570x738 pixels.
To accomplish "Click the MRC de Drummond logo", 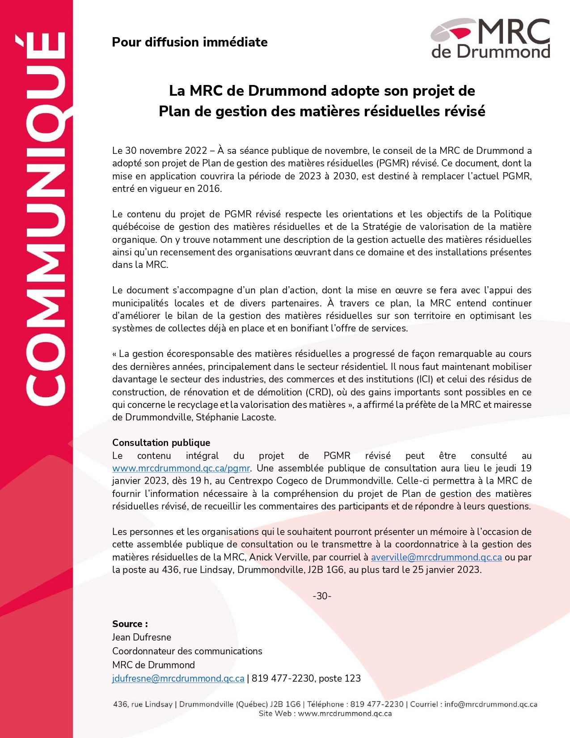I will click(490, 38).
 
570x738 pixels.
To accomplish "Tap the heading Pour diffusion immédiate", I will click(190, 42).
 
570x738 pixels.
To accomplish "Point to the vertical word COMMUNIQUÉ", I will click(45, 219).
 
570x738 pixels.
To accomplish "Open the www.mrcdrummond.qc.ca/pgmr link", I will click(181, 468).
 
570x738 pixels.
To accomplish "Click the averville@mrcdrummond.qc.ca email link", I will click(436, 557).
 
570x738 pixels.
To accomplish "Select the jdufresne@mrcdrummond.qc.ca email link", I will click(178, 679).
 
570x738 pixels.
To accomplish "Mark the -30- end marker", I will click(322, 596).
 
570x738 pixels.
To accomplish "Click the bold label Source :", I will click(130, 624).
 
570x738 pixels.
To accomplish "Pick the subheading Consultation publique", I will click(161, 443).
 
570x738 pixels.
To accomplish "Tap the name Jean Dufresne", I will click(141, 637).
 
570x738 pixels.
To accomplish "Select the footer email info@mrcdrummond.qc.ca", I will click(491, 704).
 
